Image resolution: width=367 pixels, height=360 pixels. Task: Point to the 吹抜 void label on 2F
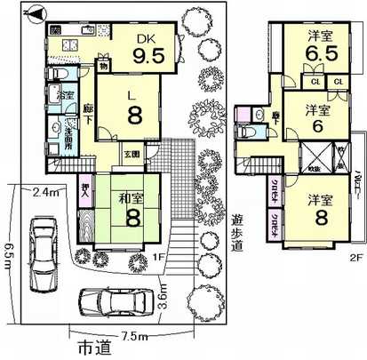tap(315, 164)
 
